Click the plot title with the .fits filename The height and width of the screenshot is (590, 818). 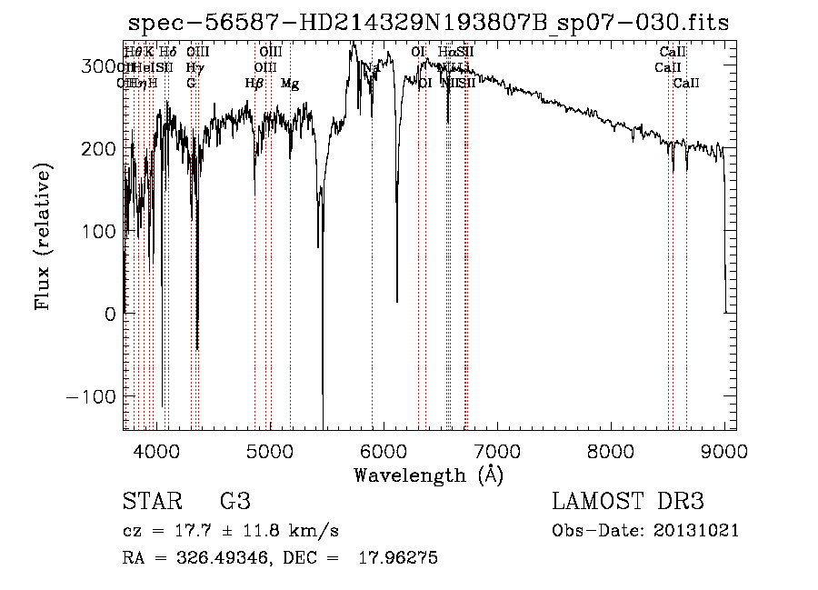pyautogui.click(x=427, y=23)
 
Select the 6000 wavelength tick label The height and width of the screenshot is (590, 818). pyautogui.click(x=384, y=450)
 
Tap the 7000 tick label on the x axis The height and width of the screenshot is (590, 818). pyautogui.click(x=497, y=450)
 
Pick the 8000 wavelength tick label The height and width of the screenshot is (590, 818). pyautogui.click(x=611, y=450)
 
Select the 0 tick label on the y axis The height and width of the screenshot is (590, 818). pyautogui.click(x=110, y=315)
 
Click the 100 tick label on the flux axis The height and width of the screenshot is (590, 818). pyautogui.click(x=99, y=232)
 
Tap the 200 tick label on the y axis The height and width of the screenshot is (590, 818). pyautogui.click(x=99, y=149)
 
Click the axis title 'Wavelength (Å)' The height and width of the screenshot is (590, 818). pyautogui.click(x=428, y=475)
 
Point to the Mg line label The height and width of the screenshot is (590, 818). pyautogui.click(x=290, y=84)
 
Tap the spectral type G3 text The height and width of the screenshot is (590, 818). pyautogui.click(x=235, y=502)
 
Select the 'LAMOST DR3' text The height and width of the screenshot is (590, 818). pyautogui.click(x=628, y=502)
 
